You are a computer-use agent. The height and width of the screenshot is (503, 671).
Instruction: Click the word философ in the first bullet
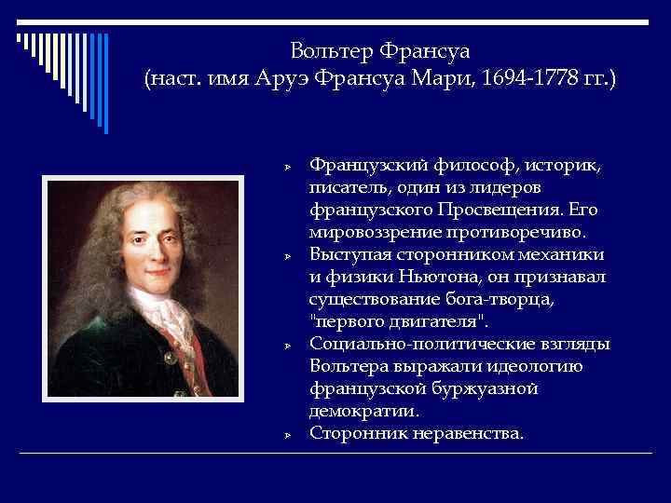click(462, 165)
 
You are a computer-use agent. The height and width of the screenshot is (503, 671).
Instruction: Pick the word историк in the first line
click(562, 165)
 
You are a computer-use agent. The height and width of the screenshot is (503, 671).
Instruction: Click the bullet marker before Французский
click(288, 166)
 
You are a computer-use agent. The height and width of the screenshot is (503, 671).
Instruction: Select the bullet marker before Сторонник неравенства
click(288, 434)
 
